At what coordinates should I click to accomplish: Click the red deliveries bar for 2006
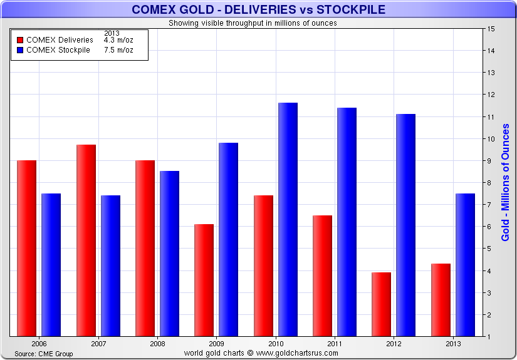coord(26,248)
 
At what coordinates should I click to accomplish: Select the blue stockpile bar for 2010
coord(288,219)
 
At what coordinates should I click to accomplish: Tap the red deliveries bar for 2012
coord(381,304)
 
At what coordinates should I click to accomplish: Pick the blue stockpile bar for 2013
coord(465,265)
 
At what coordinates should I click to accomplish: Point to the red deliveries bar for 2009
coord(204,280)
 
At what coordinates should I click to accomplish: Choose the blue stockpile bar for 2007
coord(110,265)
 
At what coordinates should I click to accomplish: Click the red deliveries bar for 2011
coord(322,275)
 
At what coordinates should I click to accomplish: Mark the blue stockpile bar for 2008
coord(169,254)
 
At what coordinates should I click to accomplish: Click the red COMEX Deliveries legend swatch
coord(20,40)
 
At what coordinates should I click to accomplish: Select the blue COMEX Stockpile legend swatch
coord(20,50)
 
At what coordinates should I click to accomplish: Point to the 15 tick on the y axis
coord(492,29)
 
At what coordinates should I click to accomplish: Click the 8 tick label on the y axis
coord(492,183)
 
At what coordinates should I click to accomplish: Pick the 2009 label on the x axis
coord(216,344)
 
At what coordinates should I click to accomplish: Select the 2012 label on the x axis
coord(393,344)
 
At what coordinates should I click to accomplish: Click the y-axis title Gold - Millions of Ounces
coord(505,182)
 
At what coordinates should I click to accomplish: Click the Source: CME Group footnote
coord(44,354)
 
